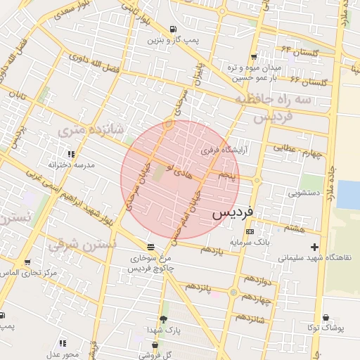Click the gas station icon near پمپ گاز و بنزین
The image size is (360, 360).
[172, 30]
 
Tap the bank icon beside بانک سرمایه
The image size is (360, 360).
[250, 231]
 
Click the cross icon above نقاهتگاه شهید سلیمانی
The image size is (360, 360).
[314, 247]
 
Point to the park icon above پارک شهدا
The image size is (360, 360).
[164, 319]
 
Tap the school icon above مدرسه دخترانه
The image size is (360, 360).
[70, 154]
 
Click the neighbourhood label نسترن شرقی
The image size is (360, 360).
[82, 246]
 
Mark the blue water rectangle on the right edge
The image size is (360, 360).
[348, 194]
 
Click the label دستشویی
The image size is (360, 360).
[304, 191]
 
